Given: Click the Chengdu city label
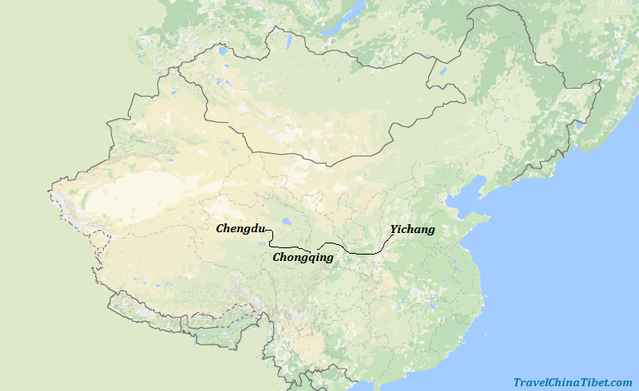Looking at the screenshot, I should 240,229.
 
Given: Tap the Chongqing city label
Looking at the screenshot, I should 303,258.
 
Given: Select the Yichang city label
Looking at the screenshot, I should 412,230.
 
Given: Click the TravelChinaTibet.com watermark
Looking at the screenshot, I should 572,382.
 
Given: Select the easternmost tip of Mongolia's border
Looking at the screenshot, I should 465,100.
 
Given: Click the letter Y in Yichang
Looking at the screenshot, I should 393,230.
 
